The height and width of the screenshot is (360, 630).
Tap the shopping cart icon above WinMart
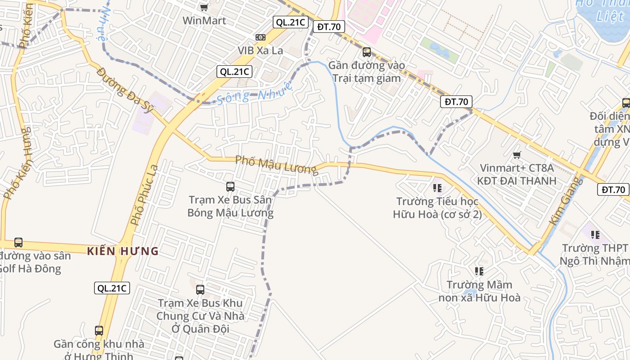coord(204,7)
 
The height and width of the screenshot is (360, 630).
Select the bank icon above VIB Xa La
coord(260,37)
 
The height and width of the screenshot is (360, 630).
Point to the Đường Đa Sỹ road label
coord(126,90)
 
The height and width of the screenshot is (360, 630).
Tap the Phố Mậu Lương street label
coord(276,164)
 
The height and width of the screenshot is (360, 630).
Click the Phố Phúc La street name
coord(144,195)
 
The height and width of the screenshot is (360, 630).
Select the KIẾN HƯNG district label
coord(123,251)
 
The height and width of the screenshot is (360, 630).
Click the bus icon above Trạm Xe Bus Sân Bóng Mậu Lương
coord(230,186)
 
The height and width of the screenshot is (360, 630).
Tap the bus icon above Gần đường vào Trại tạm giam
coord(366,52)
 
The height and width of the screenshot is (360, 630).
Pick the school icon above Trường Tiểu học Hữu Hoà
coord(437,188)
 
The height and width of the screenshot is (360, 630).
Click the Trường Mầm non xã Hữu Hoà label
coord(479,291)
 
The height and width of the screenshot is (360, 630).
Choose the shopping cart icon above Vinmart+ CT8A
coord(517,155)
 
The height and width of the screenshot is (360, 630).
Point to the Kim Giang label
coord(566,202)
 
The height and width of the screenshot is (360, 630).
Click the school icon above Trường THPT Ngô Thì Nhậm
coord(595,235)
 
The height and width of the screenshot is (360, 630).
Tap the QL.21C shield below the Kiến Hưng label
coord(112,288)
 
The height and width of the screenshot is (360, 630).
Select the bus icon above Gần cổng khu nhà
coord(99,331)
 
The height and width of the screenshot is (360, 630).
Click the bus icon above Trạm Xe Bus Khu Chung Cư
coord(200,290)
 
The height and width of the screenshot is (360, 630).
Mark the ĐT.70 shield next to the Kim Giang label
coord(613,189)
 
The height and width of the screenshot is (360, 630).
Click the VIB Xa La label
coord(261,50)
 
